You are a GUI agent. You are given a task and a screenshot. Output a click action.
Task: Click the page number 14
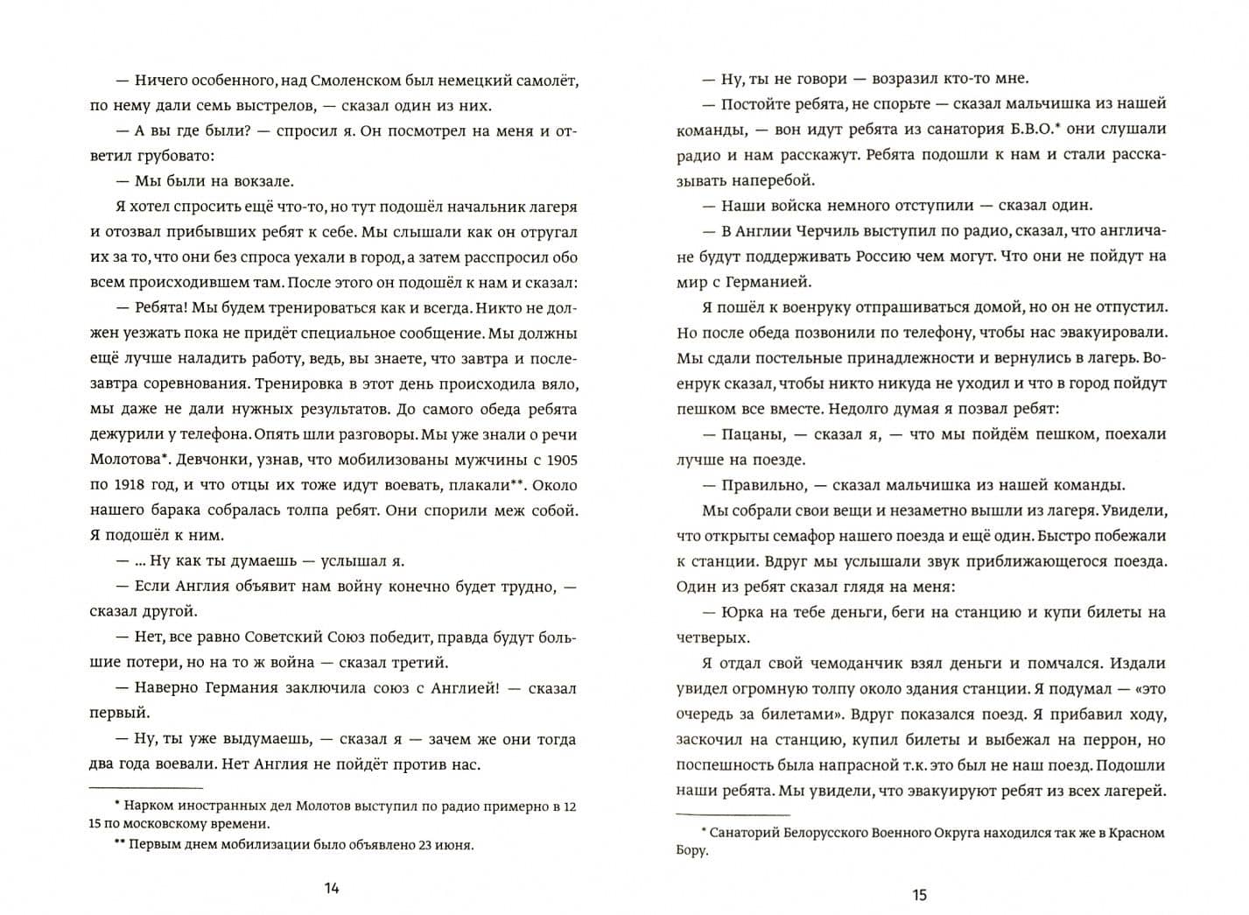tap(332, 889)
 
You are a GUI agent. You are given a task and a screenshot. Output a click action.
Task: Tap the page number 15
tap(919, 895)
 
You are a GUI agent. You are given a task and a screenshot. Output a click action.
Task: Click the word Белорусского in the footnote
tap(831, 832)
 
